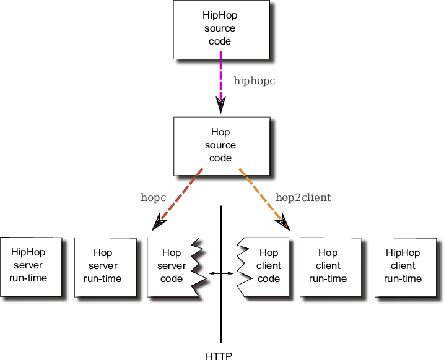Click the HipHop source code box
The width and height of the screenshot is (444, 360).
(x=221, y=29)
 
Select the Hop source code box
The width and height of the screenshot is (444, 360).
(x=221, y=146)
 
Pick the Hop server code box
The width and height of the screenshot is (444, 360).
(x=170, y=266)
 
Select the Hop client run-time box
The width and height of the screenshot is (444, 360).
(x=328, y=266)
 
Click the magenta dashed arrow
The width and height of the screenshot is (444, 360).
(x=220, y=80)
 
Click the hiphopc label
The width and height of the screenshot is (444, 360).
(x=254, y=80)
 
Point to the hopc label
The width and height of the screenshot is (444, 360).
(x=153, y=198)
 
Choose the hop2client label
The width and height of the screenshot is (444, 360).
(x=303, y=198)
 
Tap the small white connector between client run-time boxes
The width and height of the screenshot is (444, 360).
(x=370, y=271)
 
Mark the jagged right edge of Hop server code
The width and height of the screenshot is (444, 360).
(x=197, y=266)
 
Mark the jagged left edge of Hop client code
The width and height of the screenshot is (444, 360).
(x=243, y=266)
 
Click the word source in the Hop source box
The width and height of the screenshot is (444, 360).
(x=221, y=145)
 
